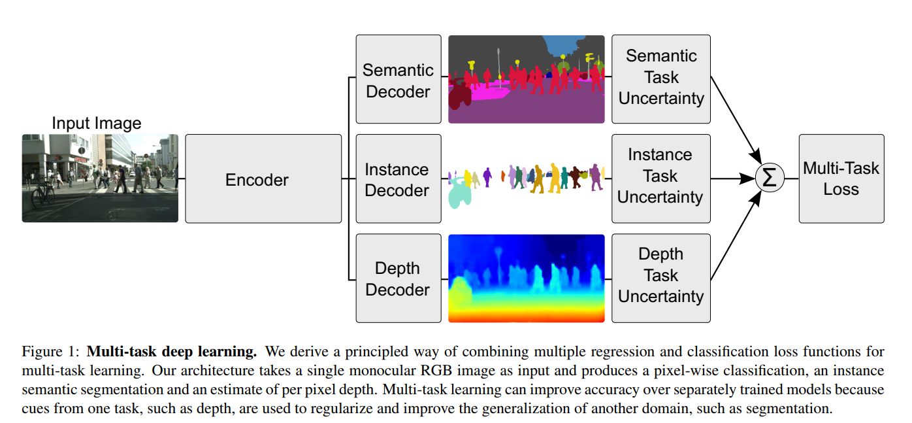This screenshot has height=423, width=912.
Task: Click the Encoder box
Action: pos(263,178)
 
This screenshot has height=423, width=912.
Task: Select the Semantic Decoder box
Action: pos(399,79)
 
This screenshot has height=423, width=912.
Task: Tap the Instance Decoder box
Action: pos(399,178)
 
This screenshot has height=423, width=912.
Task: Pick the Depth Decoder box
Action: pos(399,279)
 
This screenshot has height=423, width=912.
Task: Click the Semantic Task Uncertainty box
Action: pos(661,79)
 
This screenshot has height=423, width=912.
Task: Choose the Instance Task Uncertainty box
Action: pos(661,178)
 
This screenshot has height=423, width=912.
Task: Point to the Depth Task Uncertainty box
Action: pos(661,279)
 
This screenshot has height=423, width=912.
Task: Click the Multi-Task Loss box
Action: pos(841,178)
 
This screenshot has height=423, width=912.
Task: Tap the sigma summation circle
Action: pos(770,178)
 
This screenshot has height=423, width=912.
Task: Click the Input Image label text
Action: pos(97,123)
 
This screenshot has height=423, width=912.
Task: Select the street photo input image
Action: pos(100,178)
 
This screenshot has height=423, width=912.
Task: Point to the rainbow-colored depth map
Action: pos(527,279)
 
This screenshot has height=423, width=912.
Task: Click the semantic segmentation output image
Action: pos(527,79)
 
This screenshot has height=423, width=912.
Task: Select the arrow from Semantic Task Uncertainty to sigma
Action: pos(736,120)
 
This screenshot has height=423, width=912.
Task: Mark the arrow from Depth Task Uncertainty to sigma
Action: pos(736,235)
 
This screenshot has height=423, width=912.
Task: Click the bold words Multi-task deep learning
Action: pos(172,352)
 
